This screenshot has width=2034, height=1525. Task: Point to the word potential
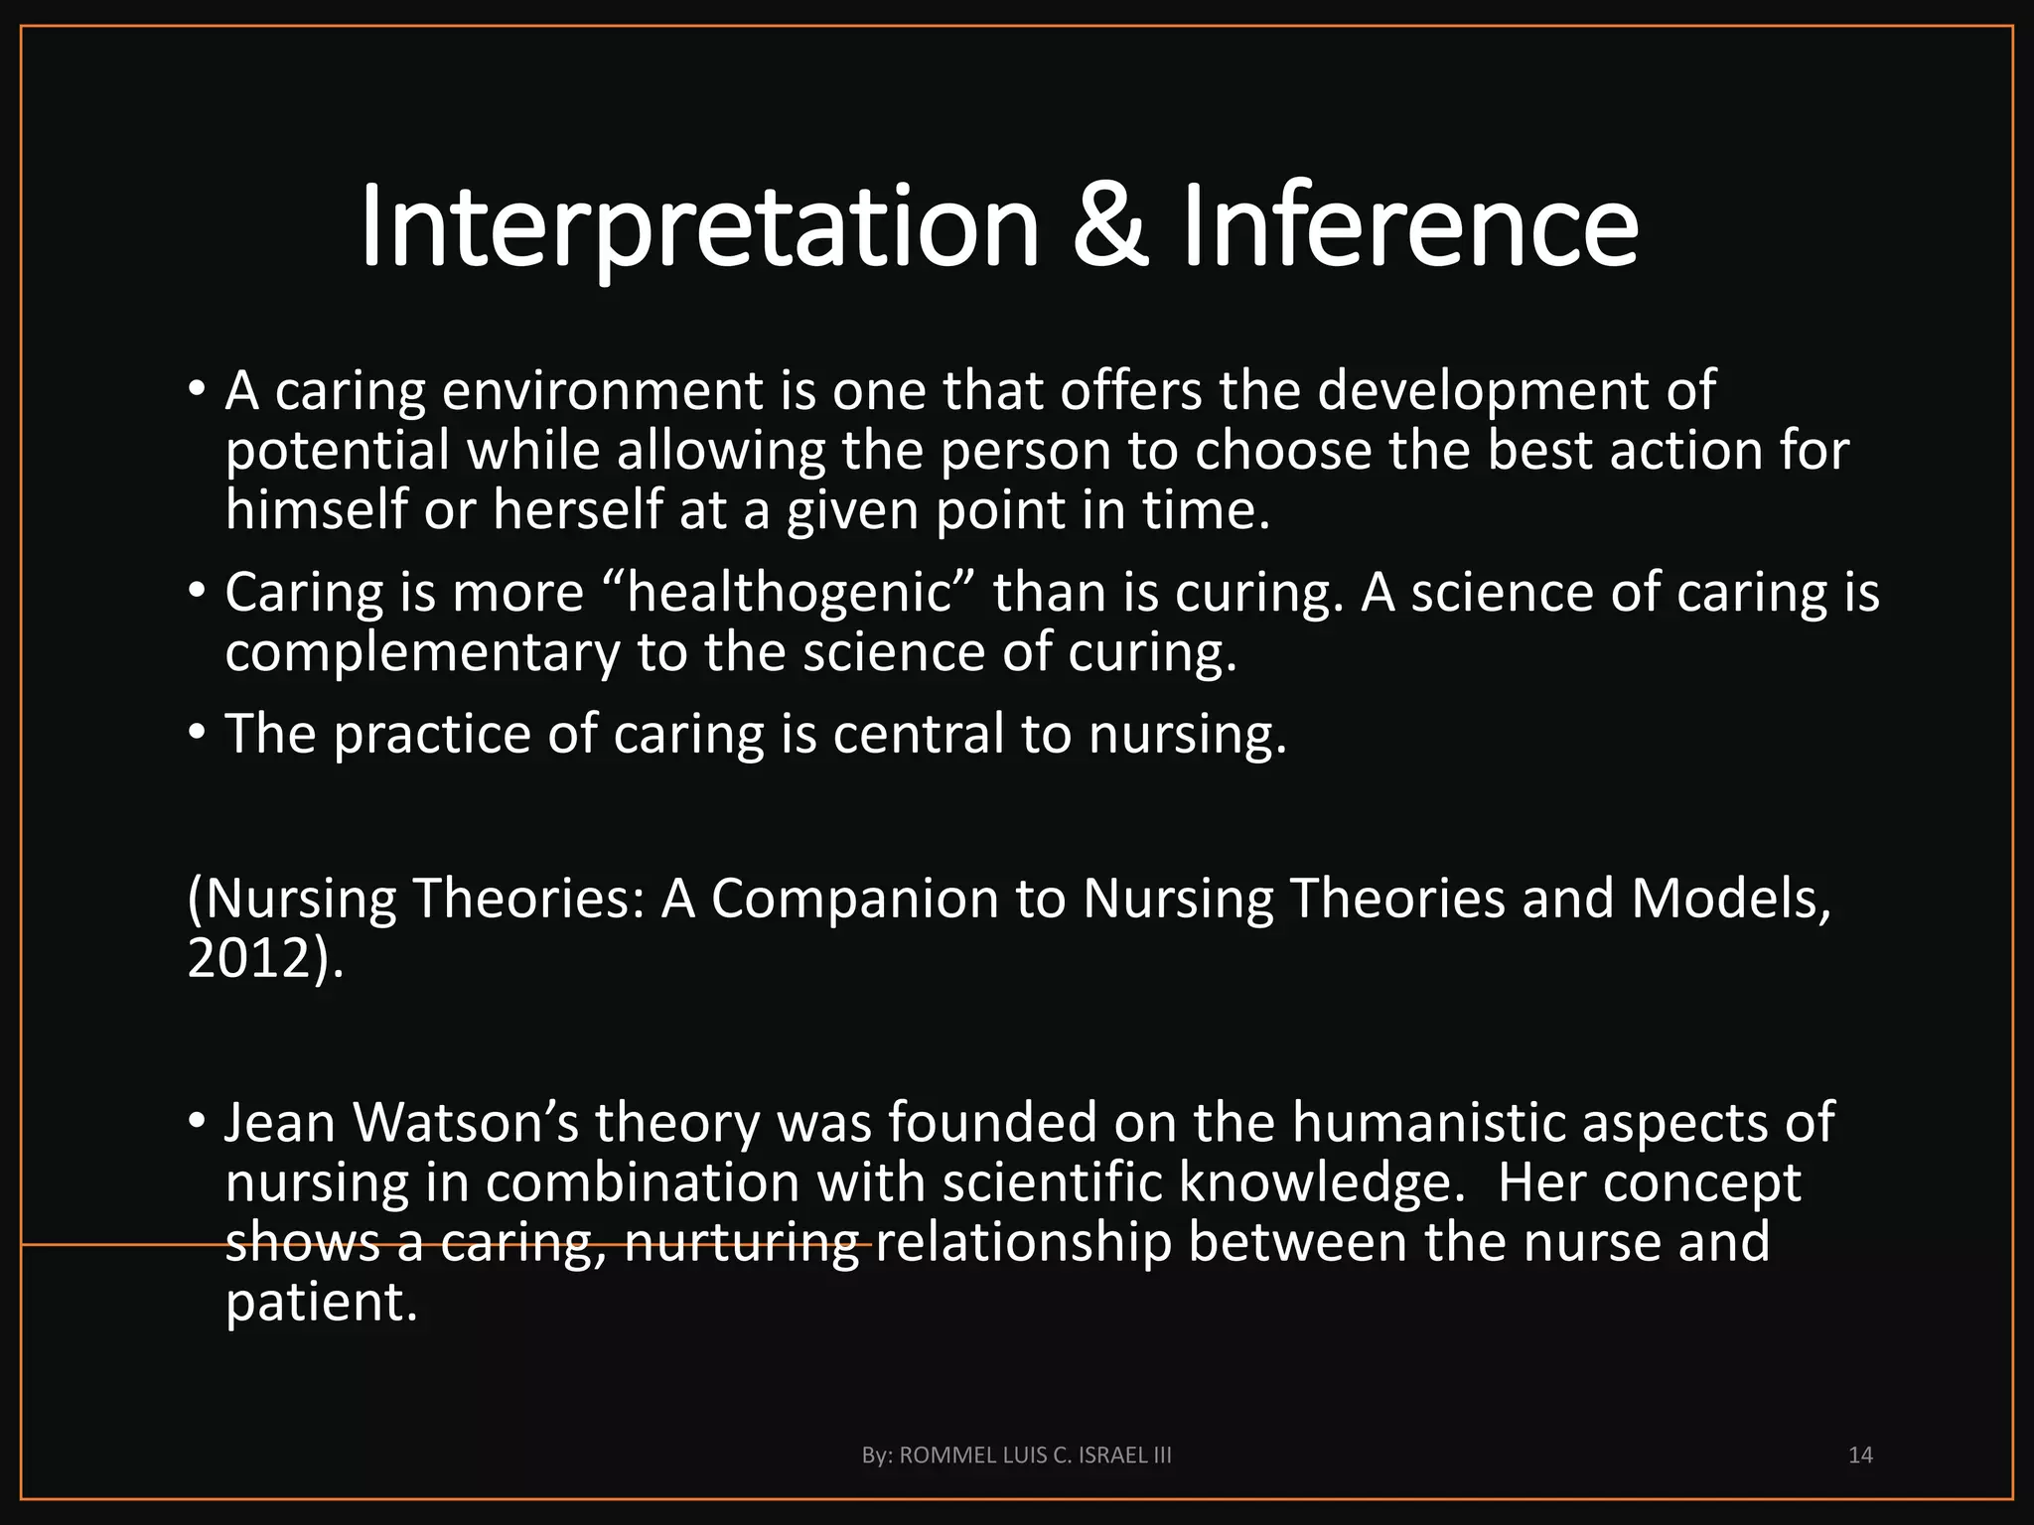(x=338, y=452)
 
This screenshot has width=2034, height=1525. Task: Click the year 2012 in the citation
(x=248, y=959)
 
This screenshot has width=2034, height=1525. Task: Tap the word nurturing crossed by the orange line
(x=742, y=1244)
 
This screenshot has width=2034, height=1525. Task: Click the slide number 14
(x=1860, y=1456)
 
